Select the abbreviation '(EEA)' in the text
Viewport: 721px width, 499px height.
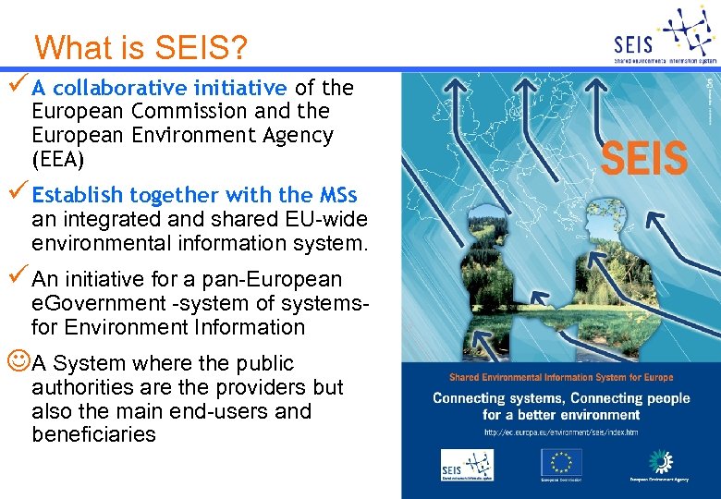[57, 159]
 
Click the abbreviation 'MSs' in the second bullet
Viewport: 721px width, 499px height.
[338, 196]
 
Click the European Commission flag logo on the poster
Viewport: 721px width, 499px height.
[561, 461]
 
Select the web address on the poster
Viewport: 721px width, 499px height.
[561, 432]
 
